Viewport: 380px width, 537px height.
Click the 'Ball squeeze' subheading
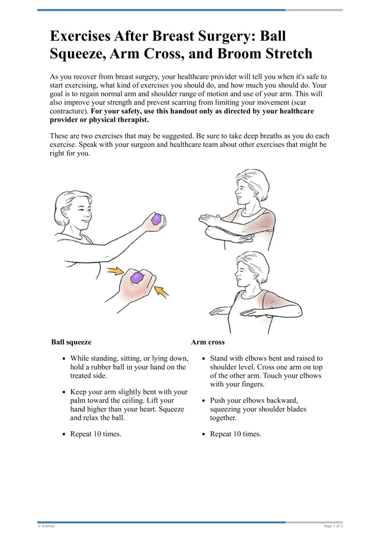pyautogui.click(x=71, y=342)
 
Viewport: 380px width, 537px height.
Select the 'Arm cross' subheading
pyautogui.click(x=208, y=342)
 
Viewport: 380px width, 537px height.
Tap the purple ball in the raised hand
pyautogui.click(x=156, y=220)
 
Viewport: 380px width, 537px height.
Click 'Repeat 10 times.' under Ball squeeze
pyautogui.click(x=96, y=434)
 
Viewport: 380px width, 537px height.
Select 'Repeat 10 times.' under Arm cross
pyautogui.click(x=236, y=434)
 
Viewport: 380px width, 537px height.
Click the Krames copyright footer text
pyautogui.click(x=46, y=526)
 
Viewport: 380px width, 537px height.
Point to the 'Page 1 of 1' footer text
pyautogui.click(x=332, y=526)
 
